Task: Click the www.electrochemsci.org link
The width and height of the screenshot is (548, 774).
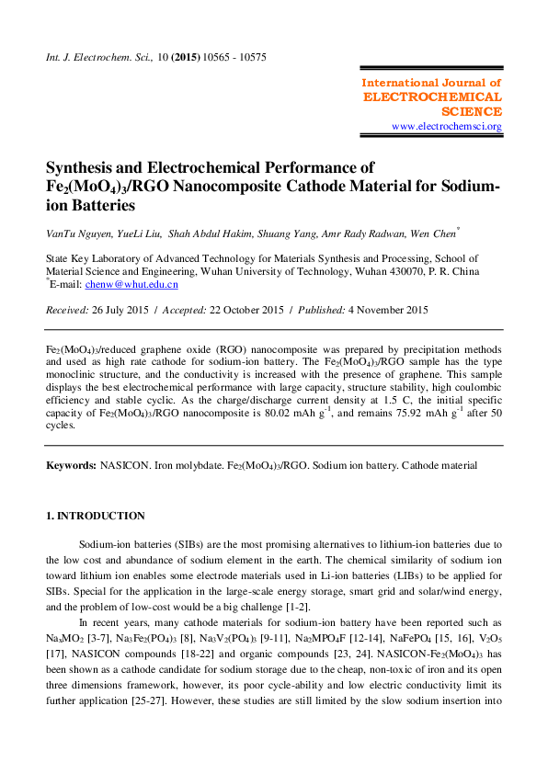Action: coord(446,126)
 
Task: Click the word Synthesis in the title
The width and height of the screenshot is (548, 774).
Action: coord(88,167)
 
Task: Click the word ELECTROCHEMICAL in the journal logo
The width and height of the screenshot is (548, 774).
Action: coord(432,97)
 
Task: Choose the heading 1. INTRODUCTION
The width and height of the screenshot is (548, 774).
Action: coord(96,516)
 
